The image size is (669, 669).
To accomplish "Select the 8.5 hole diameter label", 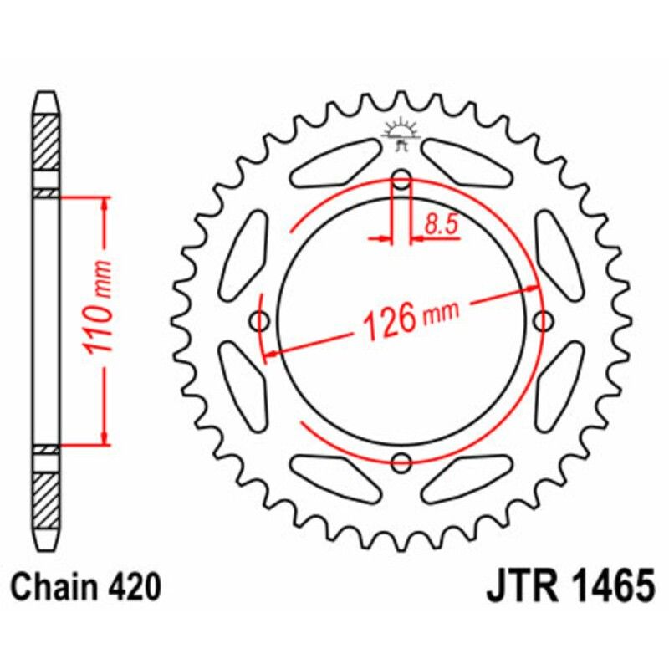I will pos(442,225).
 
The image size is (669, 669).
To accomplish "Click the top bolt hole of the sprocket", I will pos(402,179).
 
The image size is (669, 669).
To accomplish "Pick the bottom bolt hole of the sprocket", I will pos(402,461).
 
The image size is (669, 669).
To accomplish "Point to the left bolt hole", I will pos(261,320).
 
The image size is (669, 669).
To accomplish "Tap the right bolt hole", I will pos(544,320).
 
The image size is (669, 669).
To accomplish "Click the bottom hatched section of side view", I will pos(46,499).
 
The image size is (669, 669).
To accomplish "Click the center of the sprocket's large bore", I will pos(402,320).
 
